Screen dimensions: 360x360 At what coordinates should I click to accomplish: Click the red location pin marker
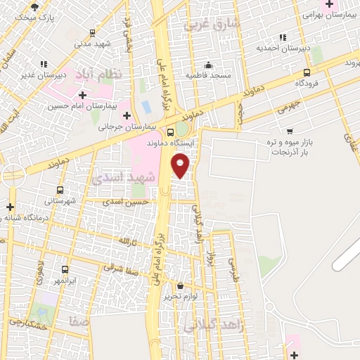[181, 165]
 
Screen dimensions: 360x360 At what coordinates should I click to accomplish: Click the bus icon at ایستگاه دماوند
[171, 132]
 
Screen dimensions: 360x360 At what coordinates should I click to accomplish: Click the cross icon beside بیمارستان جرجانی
[127, 115]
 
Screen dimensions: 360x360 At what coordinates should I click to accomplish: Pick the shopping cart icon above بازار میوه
[290, 131]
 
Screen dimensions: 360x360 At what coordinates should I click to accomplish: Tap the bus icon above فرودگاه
[307, 72]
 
